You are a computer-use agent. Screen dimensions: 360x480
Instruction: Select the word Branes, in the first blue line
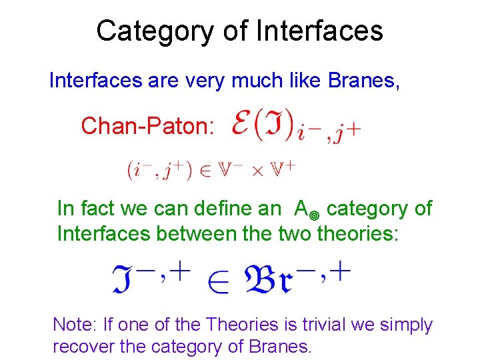[x=364, y=81]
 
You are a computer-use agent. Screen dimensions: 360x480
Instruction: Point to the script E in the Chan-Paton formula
[x=242, y=124]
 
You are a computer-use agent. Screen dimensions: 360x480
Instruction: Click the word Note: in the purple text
[x=75, y=325]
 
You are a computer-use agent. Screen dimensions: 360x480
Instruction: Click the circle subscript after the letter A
[x=315, y=213]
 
